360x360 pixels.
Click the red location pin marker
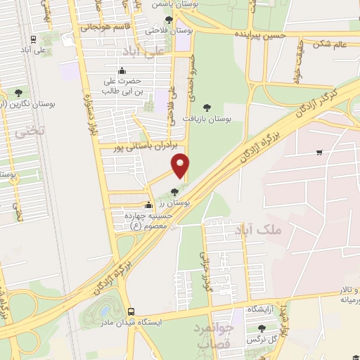181,165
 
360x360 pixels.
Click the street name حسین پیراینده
264,34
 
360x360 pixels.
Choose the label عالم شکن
332,44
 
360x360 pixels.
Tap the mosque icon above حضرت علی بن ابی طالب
122,70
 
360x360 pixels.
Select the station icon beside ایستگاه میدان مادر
131,311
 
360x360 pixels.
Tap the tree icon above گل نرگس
262,328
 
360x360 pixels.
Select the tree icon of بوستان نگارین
18,93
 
